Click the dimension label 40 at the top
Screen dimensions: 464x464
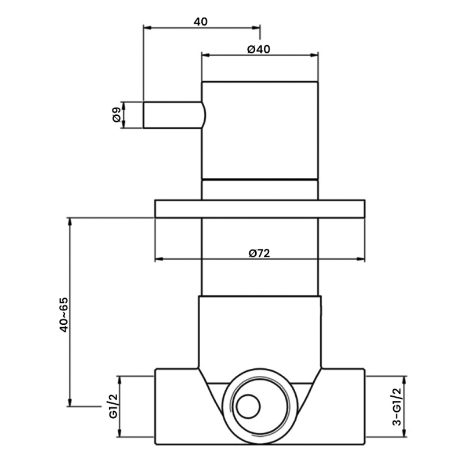pos(201,21)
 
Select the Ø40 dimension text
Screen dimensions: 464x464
pos(259,49)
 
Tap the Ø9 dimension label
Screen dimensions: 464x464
pos(117,115)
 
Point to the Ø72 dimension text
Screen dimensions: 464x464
pos(260,253)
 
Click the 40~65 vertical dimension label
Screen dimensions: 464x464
pos(64,315)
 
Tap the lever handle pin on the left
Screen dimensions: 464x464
pos(172,115)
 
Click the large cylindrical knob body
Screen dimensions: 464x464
pos(260,130)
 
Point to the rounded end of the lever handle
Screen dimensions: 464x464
pos(202,115)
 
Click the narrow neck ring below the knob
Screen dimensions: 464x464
pos(260,190)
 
